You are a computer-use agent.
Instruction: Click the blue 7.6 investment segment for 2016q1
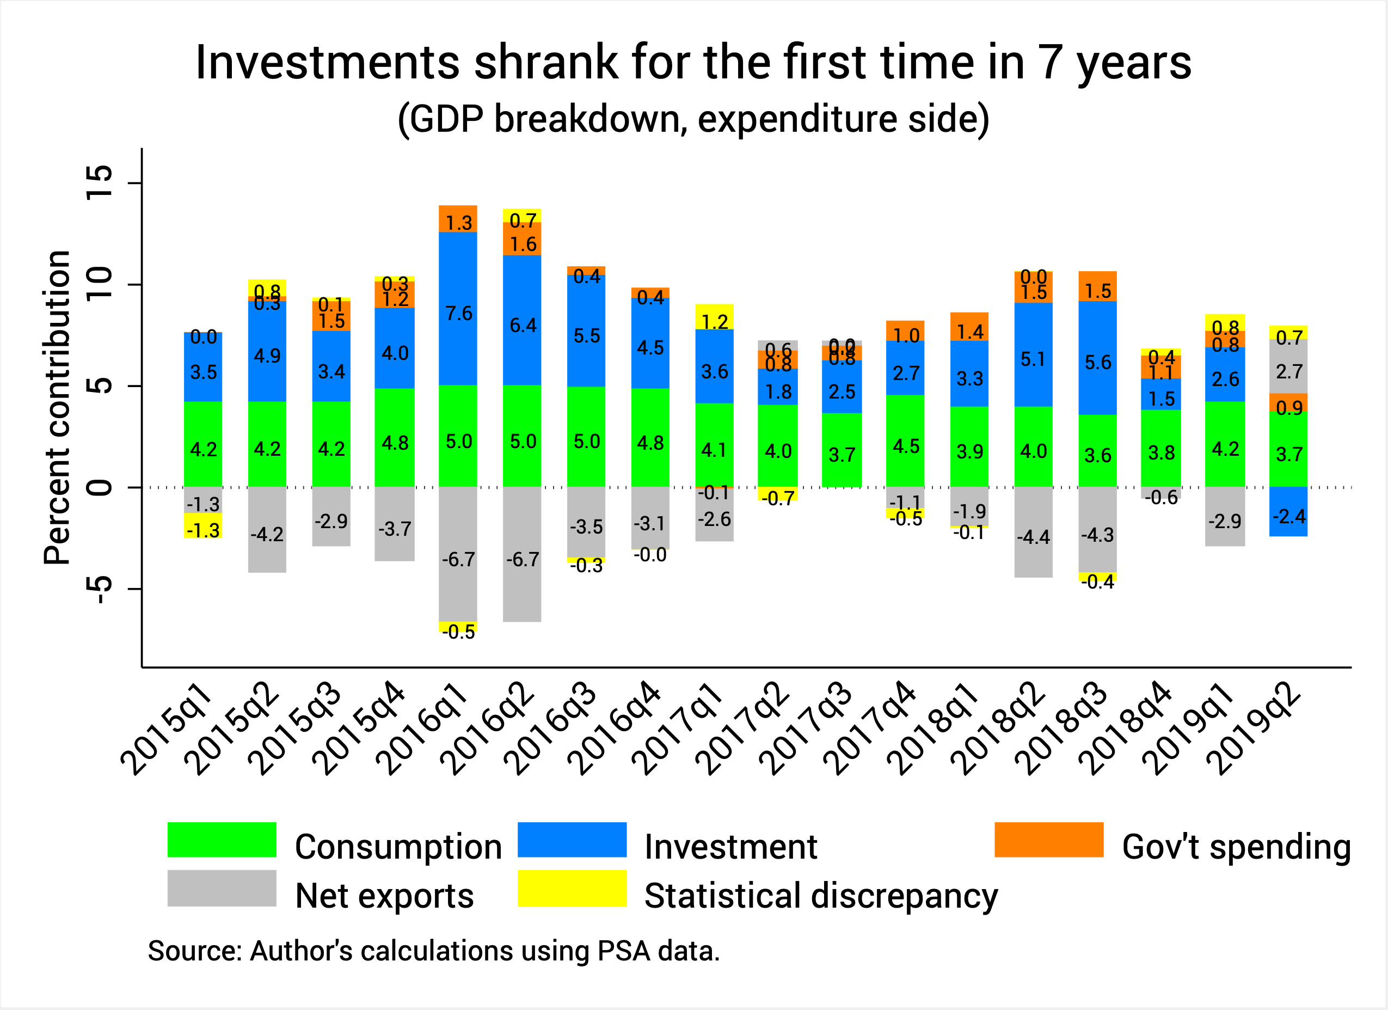tap(458, 309)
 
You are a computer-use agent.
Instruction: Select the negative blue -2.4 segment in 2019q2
tap(1288, 512)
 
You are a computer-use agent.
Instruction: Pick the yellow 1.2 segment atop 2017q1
tap(714, 317)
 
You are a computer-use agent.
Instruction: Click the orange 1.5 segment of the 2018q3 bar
tap(1097, 286)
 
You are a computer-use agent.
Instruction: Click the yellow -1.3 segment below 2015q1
tap(202, 526)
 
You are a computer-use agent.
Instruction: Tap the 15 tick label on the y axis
tap(100, 182)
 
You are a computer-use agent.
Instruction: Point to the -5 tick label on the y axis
tap(100, 589)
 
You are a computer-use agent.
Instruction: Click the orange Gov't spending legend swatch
tap(1048, 839)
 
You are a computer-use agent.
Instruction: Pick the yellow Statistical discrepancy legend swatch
tap(572, 887)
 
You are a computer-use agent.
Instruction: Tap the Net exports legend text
tap(384, 896)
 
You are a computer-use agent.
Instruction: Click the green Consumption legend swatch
tap(222, 839)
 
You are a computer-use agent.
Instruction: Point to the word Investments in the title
tap(328, 63)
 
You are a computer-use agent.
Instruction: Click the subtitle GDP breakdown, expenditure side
tap(693, 118)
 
